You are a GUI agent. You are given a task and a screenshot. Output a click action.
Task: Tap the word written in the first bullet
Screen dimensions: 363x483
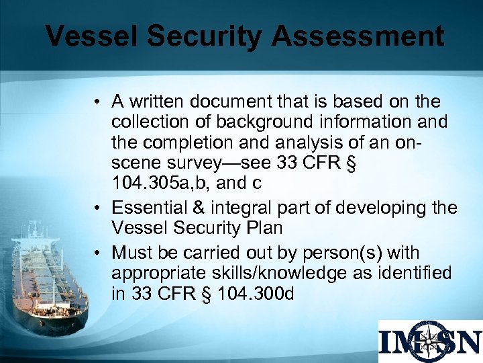click(x=157, y=102)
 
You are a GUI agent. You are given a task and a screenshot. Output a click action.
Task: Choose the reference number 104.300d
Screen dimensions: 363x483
click(x=263, y=294)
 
